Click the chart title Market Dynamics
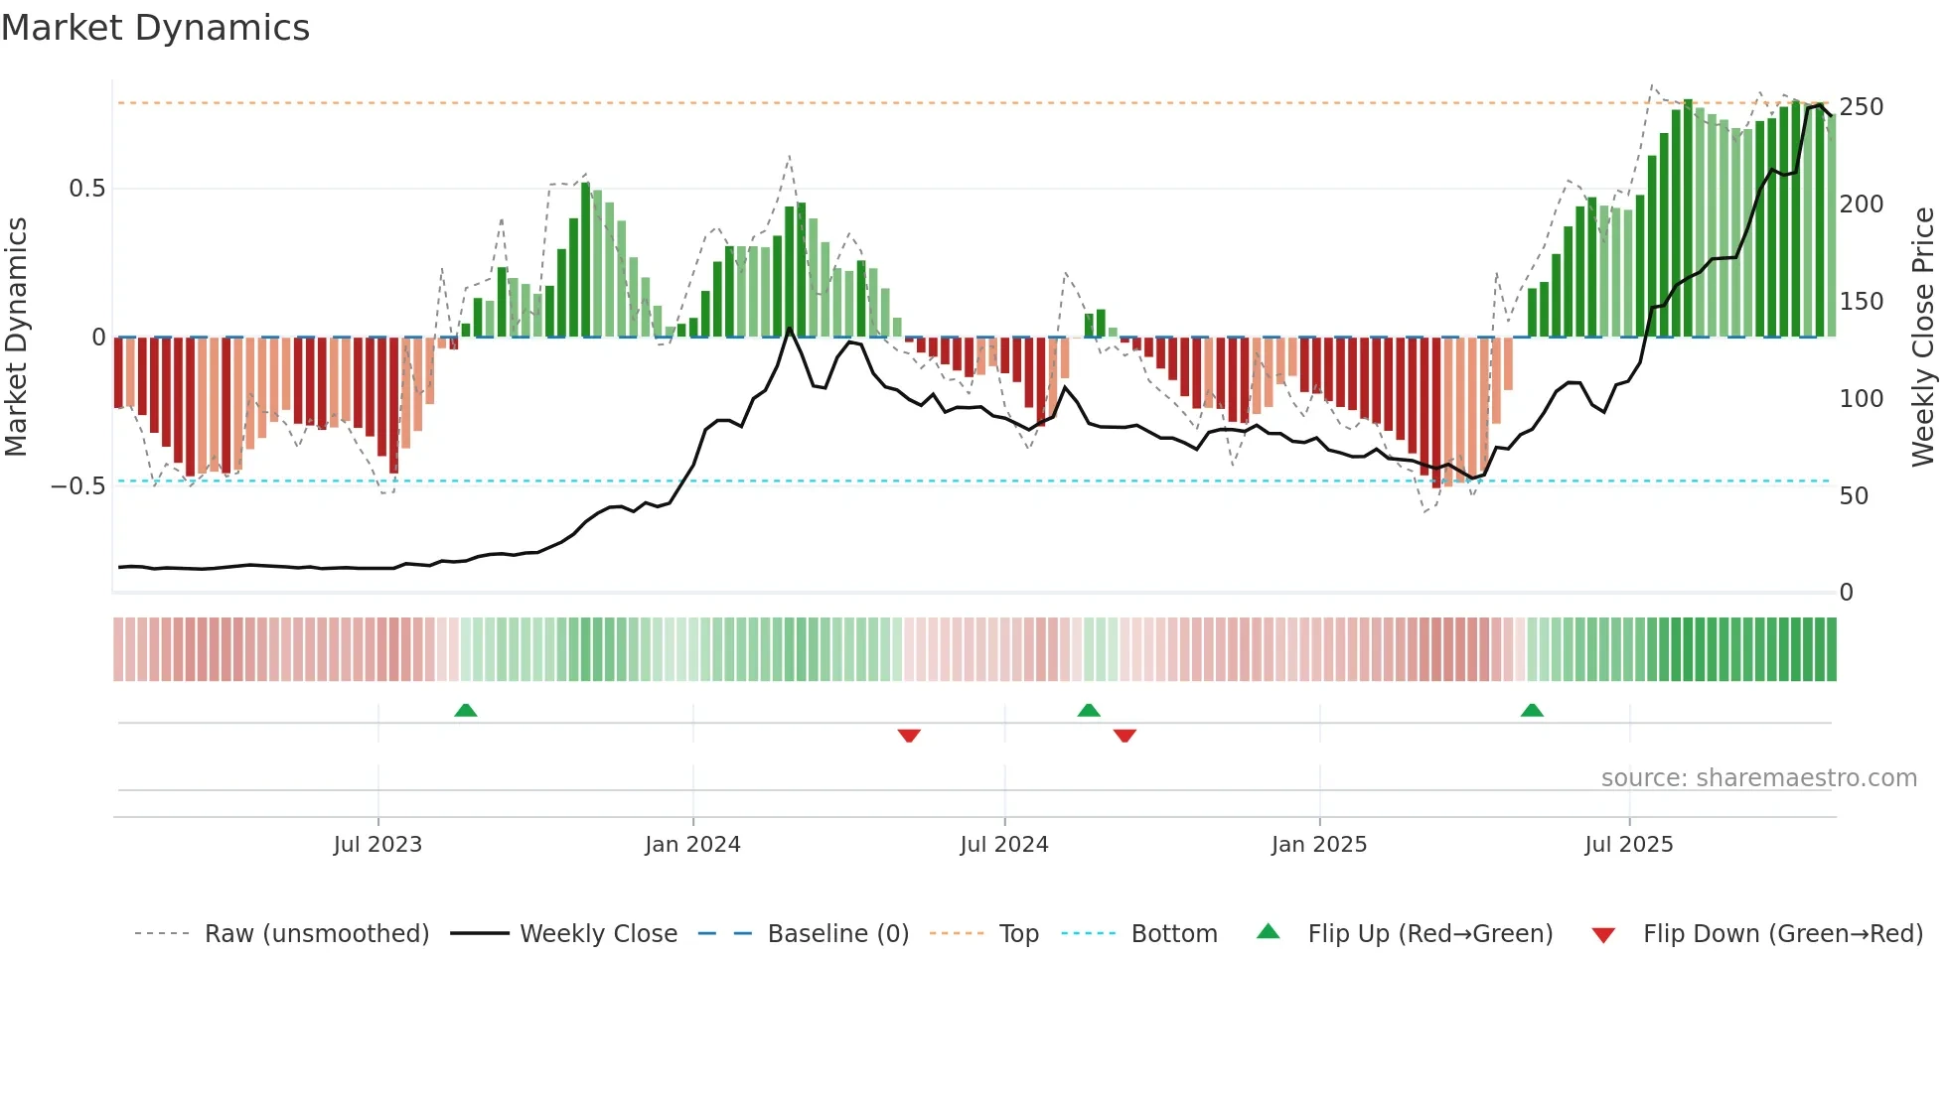point(155,28)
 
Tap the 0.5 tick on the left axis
point(86,189)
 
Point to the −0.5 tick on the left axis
point(78,486)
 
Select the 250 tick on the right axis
point(1861,107)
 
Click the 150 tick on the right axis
point(1861,302)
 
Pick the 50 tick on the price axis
point(1854,495)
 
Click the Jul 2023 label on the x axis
point(377,845)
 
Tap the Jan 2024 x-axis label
point(692,845)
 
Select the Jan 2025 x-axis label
point(1318,845)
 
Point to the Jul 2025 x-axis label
point(1628,845)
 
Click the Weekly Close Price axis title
point(1923,338)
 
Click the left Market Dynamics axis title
point(17,338)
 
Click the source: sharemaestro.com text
point(1758,778)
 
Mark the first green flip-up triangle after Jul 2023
point(466,710)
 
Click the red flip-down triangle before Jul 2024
point(909,736)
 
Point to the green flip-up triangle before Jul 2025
point(1532,710)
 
